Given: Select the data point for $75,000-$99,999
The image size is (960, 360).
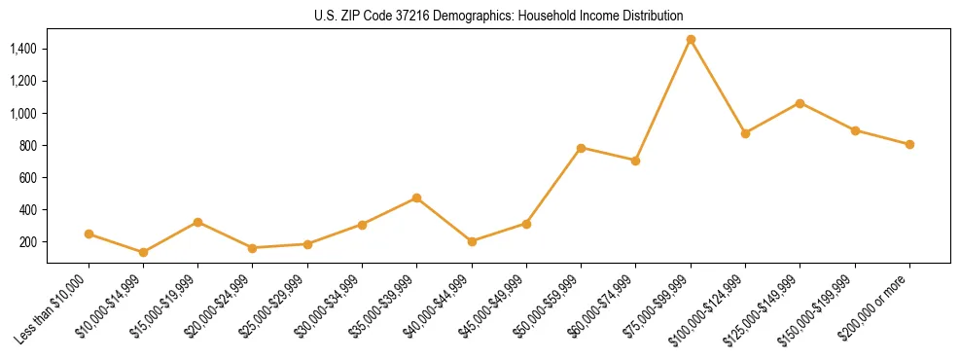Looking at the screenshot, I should click(x=691, y=40).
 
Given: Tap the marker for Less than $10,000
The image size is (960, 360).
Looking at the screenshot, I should click(x=89, y=234).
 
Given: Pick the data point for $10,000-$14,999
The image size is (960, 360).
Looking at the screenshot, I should click(x=144, y=252).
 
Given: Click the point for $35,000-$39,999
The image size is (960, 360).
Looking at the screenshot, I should click(x=417, y=198).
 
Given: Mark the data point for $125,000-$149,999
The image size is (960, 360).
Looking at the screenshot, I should click(x=800, y=103).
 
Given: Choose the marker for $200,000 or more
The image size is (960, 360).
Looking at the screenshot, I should click(x=909, y=144).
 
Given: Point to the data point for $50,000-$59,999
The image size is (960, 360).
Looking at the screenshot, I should click(x=581, y=148).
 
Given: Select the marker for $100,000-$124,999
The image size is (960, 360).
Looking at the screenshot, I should click(x=745, y=133).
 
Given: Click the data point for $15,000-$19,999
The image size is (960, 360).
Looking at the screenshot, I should click(x=198, y=222).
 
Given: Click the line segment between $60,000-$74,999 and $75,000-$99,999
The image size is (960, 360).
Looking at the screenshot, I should click(x=663, y=100).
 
